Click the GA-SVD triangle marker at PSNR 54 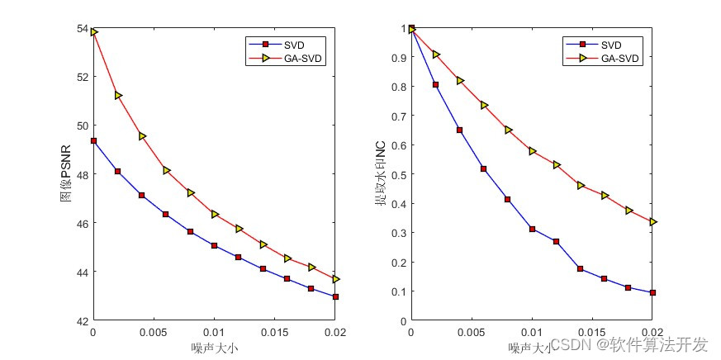(x=94, y=32)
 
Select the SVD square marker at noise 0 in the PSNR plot (x=93, y=140)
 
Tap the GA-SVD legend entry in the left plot (x=290, y=59)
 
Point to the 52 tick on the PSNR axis (x=83, y=77)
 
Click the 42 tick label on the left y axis (x=83, y=320)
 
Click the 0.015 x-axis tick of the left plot (x=274, y=332)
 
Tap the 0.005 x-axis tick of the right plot (x=471, y=332)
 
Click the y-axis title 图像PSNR (x=67, y=174)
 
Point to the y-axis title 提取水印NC (x=381, y=174)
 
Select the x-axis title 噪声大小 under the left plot (x=215, y=348)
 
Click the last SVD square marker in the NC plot (x=652, y=292)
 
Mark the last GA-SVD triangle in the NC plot (x=652, y=221)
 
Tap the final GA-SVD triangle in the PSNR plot (x=335, y=279)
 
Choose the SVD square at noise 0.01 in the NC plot (x=532, y=229)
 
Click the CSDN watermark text (x=629, y=343)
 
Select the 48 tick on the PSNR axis (x=83, y=174)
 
